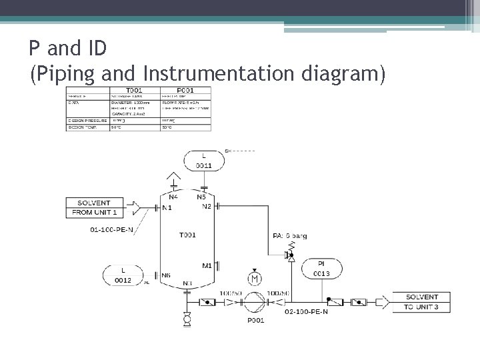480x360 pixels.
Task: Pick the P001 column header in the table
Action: [185, 90]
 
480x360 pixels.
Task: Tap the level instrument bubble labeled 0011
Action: [204, 161]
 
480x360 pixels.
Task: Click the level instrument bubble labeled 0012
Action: [123, 275]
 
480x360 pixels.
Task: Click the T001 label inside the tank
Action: [187, 235]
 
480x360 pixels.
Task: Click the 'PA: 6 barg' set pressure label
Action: [290, 235]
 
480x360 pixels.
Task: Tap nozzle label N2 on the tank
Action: [207, 207]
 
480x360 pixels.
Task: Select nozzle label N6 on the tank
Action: [166, 275]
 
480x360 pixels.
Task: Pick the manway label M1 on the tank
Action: [207, 266]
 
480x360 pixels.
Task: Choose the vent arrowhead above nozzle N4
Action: [173, 178]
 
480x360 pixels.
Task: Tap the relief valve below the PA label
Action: [291, 253]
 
